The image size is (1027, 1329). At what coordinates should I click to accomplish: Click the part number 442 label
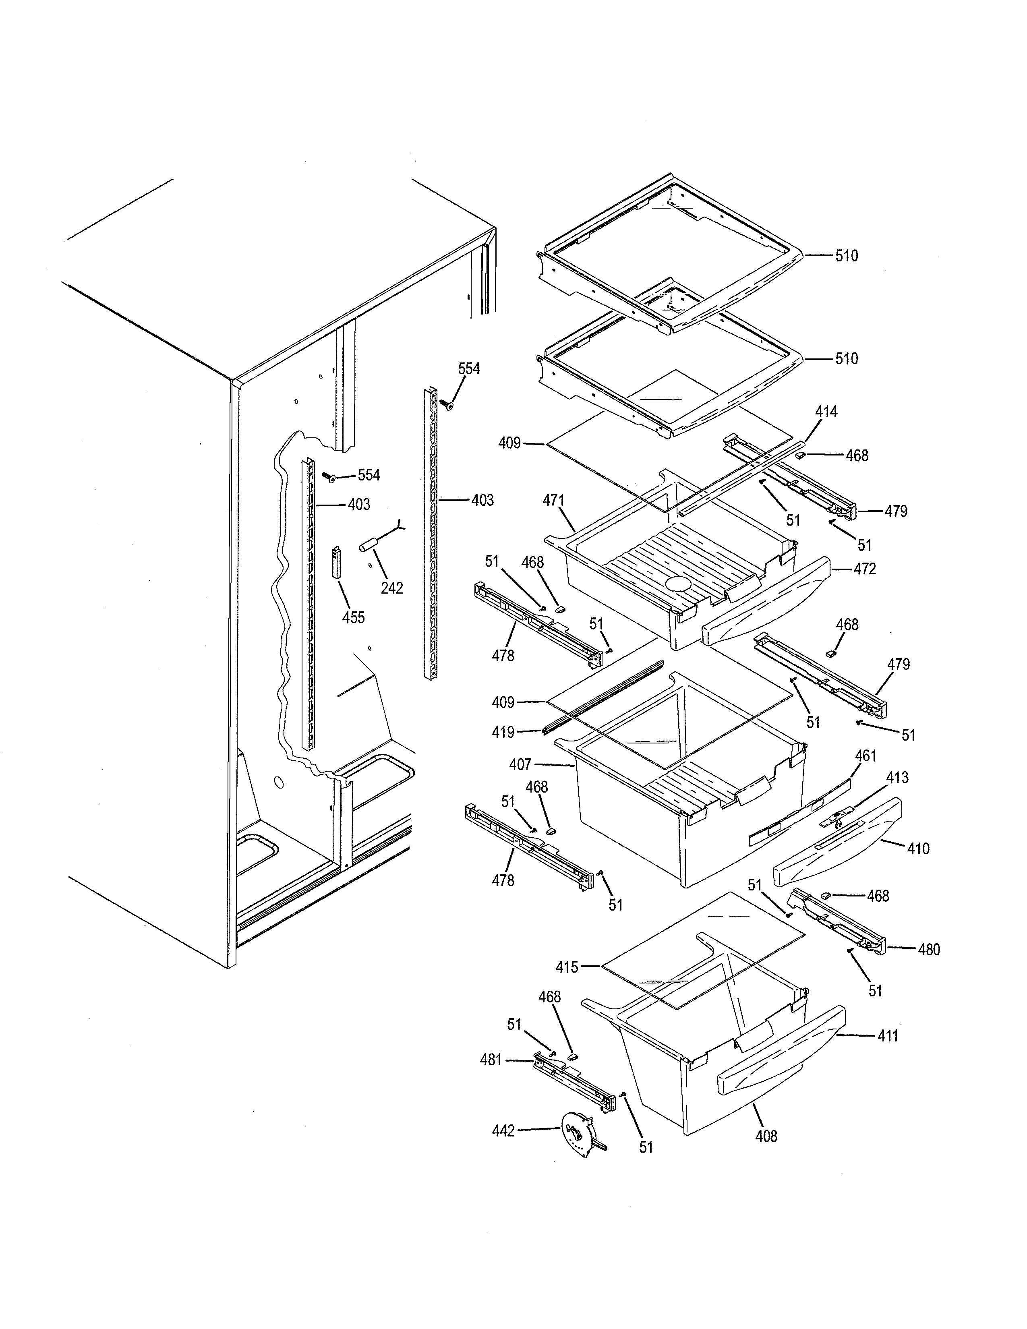503,1131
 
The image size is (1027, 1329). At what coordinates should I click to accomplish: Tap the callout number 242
392,588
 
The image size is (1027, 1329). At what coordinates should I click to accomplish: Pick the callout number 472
865,569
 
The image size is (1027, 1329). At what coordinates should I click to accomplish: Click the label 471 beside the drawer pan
554,501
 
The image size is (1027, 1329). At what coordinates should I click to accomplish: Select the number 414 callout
826,412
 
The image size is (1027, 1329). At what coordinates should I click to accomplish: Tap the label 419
503,733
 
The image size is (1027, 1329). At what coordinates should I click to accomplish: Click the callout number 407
520,764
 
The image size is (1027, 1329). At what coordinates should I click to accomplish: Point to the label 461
866,756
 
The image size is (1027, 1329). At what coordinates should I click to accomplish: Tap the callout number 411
888,1036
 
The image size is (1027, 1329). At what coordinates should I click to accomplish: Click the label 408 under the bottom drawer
766,1136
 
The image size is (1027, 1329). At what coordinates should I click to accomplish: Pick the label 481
491,1060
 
